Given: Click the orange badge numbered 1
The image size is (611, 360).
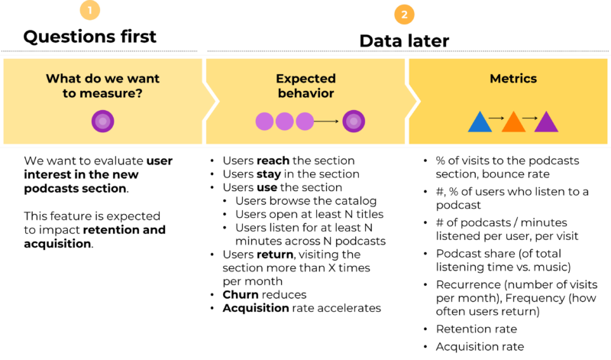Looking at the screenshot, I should tap(90, 11).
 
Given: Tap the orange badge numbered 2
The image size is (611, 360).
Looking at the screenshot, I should tap(404, 14).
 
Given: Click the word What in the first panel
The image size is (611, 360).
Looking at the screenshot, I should tap(63, 79).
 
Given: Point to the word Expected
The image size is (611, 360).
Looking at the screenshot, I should tap(305, 79).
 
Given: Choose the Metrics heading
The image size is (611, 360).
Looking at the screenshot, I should tap(513, 79).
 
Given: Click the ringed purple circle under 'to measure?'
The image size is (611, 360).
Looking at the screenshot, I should tap(102, 121).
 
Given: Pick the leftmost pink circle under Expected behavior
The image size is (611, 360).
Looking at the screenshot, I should tap(264, 121).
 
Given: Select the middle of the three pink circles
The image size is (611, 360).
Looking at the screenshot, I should tap(284, 121).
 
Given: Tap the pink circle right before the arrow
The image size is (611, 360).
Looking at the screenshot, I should tap(305, 121).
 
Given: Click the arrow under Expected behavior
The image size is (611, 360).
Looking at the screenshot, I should tap(327, 121).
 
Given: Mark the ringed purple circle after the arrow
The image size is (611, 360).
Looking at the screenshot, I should tap(353, 121).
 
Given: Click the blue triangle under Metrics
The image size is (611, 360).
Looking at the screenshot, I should tap(479, 123).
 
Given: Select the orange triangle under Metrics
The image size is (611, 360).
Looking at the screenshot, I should tap(513, 123).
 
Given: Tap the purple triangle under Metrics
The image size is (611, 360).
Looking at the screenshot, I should tap(546, 123).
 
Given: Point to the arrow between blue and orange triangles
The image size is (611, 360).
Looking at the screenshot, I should tap(496, 118).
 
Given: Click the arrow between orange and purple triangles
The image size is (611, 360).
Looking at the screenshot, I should tap(530, 118).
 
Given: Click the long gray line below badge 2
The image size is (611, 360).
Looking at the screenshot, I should tap(408, 51).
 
